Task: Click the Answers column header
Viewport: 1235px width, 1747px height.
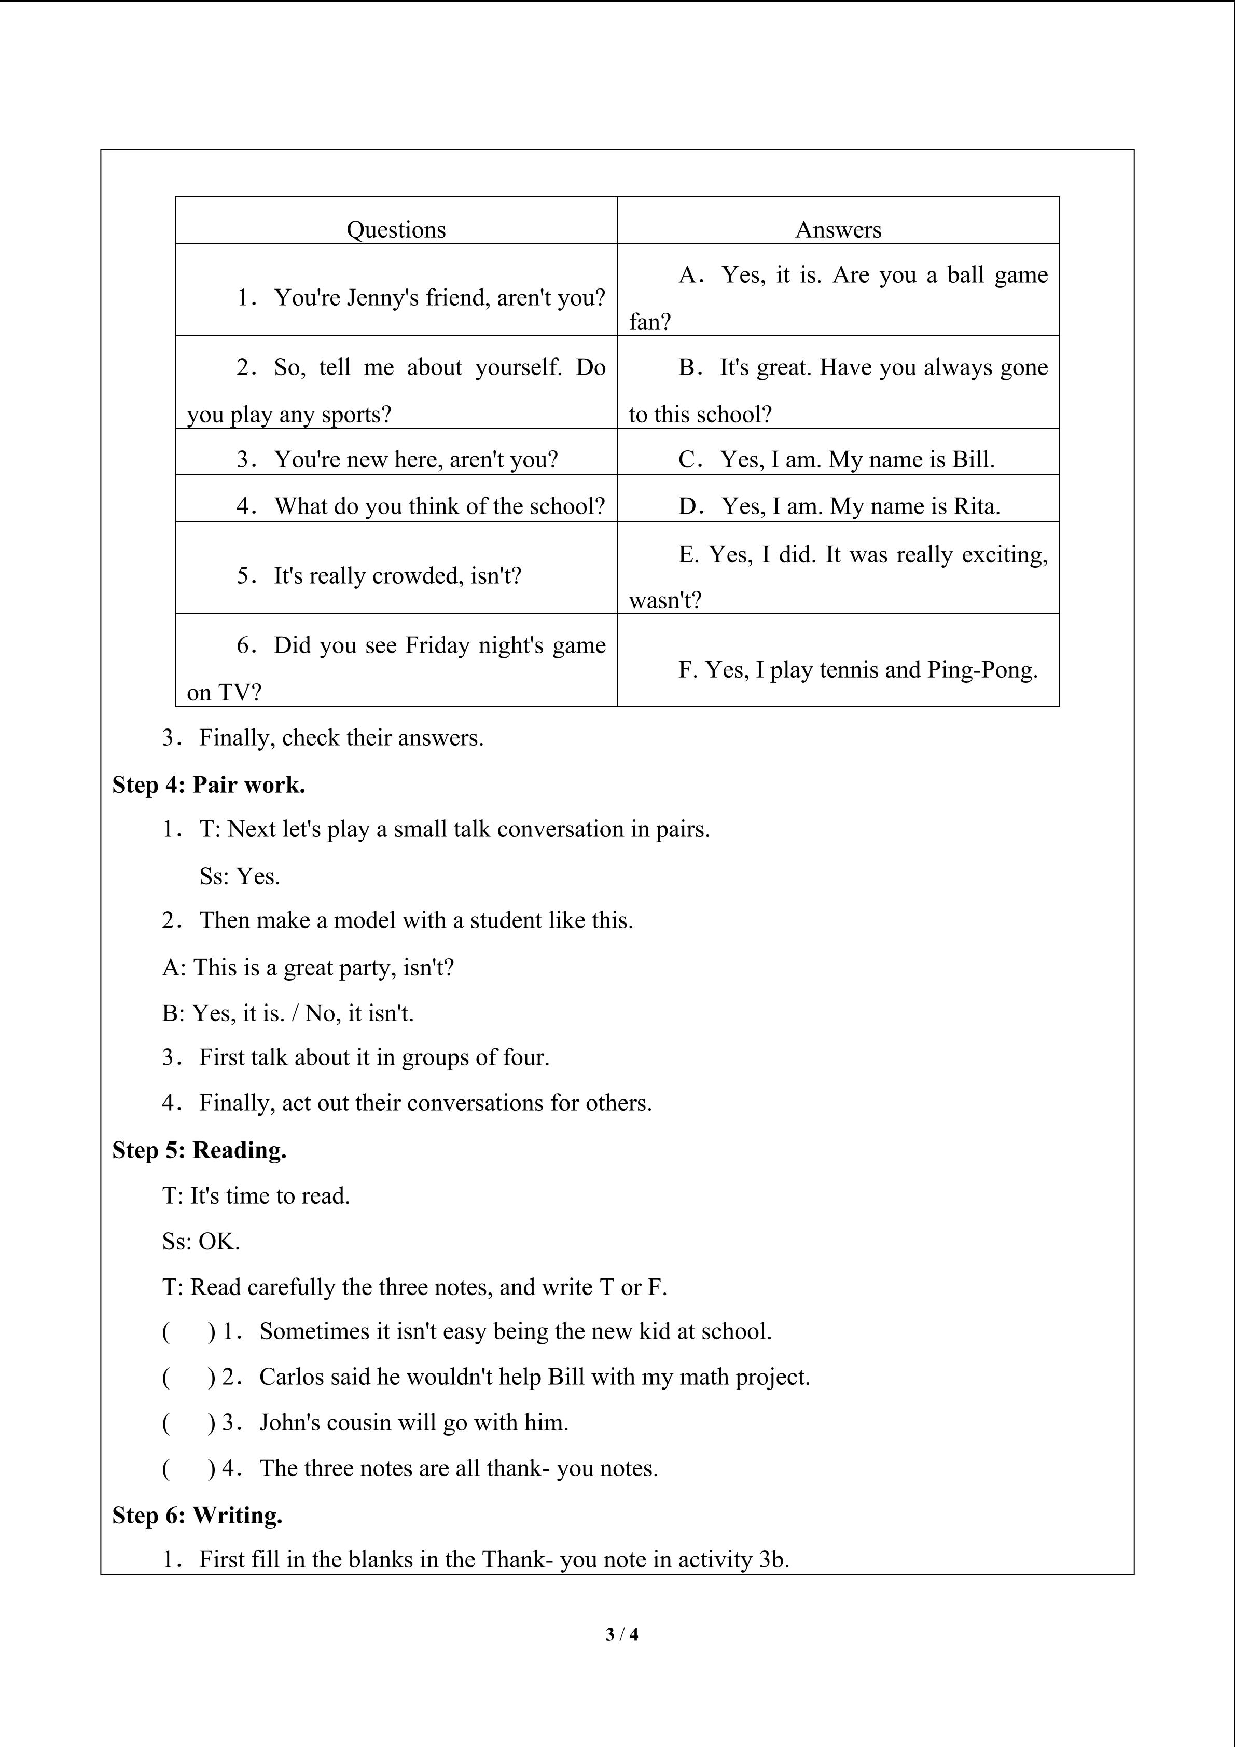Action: pyautogui.click(x=838, y=230)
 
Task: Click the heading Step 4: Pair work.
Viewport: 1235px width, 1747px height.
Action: pyautogui.click(x=209, y=785)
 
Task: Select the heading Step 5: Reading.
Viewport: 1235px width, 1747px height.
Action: pyautogui.click(x=199, y=1150)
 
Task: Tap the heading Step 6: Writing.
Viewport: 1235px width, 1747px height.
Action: pyautogui.click(x=197, y=1515)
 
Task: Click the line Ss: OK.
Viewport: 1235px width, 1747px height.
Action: pyautogui.click(x=201, y=1242)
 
